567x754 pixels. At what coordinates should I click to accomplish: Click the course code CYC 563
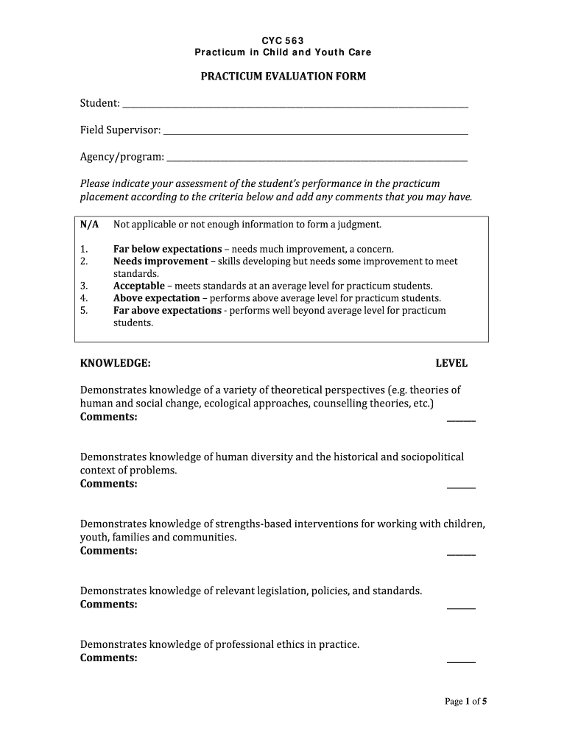coord(283,40)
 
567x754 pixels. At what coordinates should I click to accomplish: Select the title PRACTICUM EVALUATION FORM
coord(283,77)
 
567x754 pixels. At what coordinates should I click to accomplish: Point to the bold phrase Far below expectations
coord(167,249)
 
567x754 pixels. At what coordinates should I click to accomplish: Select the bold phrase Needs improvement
coord(161,261)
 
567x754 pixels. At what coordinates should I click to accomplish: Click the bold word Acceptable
coord(138,286)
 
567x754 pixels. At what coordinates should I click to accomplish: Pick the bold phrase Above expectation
coord(156,298)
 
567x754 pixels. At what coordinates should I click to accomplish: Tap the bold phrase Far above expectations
coord(167,311)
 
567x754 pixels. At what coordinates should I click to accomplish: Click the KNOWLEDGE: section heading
coord(116,364)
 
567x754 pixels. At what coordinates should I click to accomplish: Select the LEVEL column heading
coord(451,364)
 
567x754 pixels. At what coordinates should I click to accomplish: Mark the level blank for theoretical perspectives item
coord(461,419)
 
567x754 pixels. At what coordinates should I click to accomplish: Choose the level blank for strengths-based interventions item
coord(461,553)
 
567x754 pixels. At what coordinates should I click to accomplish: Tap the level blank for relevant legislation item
coord(461,607)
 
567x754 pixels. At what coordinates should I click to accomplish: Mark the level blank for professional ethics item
coord(461,660)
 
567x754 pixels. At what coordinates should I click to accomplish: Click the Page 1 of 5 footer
coord(465,702)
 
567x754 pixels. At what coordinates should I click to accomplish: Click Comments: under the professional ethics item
coord(108,658)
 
